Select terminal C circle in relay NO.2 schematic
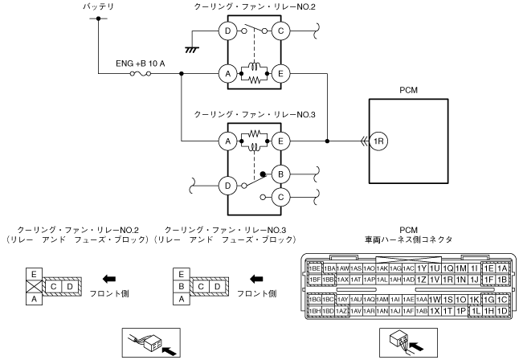(281, 31)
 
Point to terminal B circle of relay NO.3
(281, 171)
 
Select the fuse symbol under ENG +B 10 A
(141, 74)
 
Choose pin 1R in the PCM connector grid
(447, 280)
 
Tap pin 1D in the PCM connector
(502, 310)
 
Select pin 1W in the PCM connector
(435, 299)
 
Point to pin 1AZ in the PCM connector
(342, 310)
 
